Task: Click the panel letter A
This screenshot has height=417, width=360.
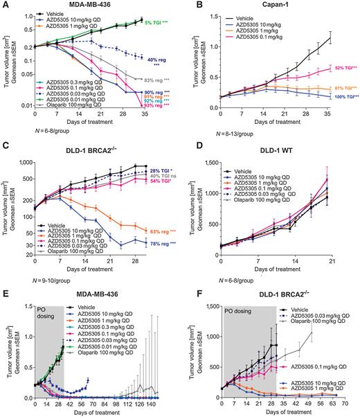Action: point(6,6)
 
